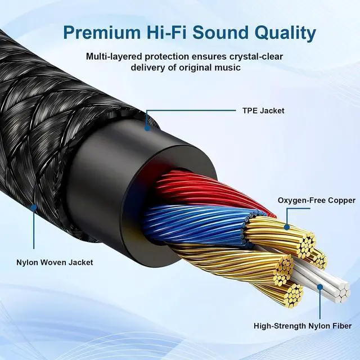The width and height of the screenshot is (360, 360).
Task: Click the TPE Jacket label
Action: point(259,110)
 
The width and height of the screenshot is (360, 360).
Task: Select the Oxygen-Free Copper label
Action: point(317,200)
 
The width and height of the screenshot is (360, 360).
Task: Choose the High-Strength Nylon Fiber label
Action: point(302,326)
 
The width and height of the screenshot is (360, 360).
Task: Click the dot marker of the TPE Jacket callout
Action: point(147,127)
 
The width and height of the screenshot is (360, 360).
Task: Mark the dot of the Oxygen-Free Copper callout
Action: point(286,227)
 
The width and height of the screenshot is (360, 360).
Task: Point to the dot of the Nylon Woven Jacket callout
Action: point(34,207)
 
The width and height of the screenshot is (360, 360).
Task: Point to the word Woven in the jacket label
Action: point(66,262)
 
